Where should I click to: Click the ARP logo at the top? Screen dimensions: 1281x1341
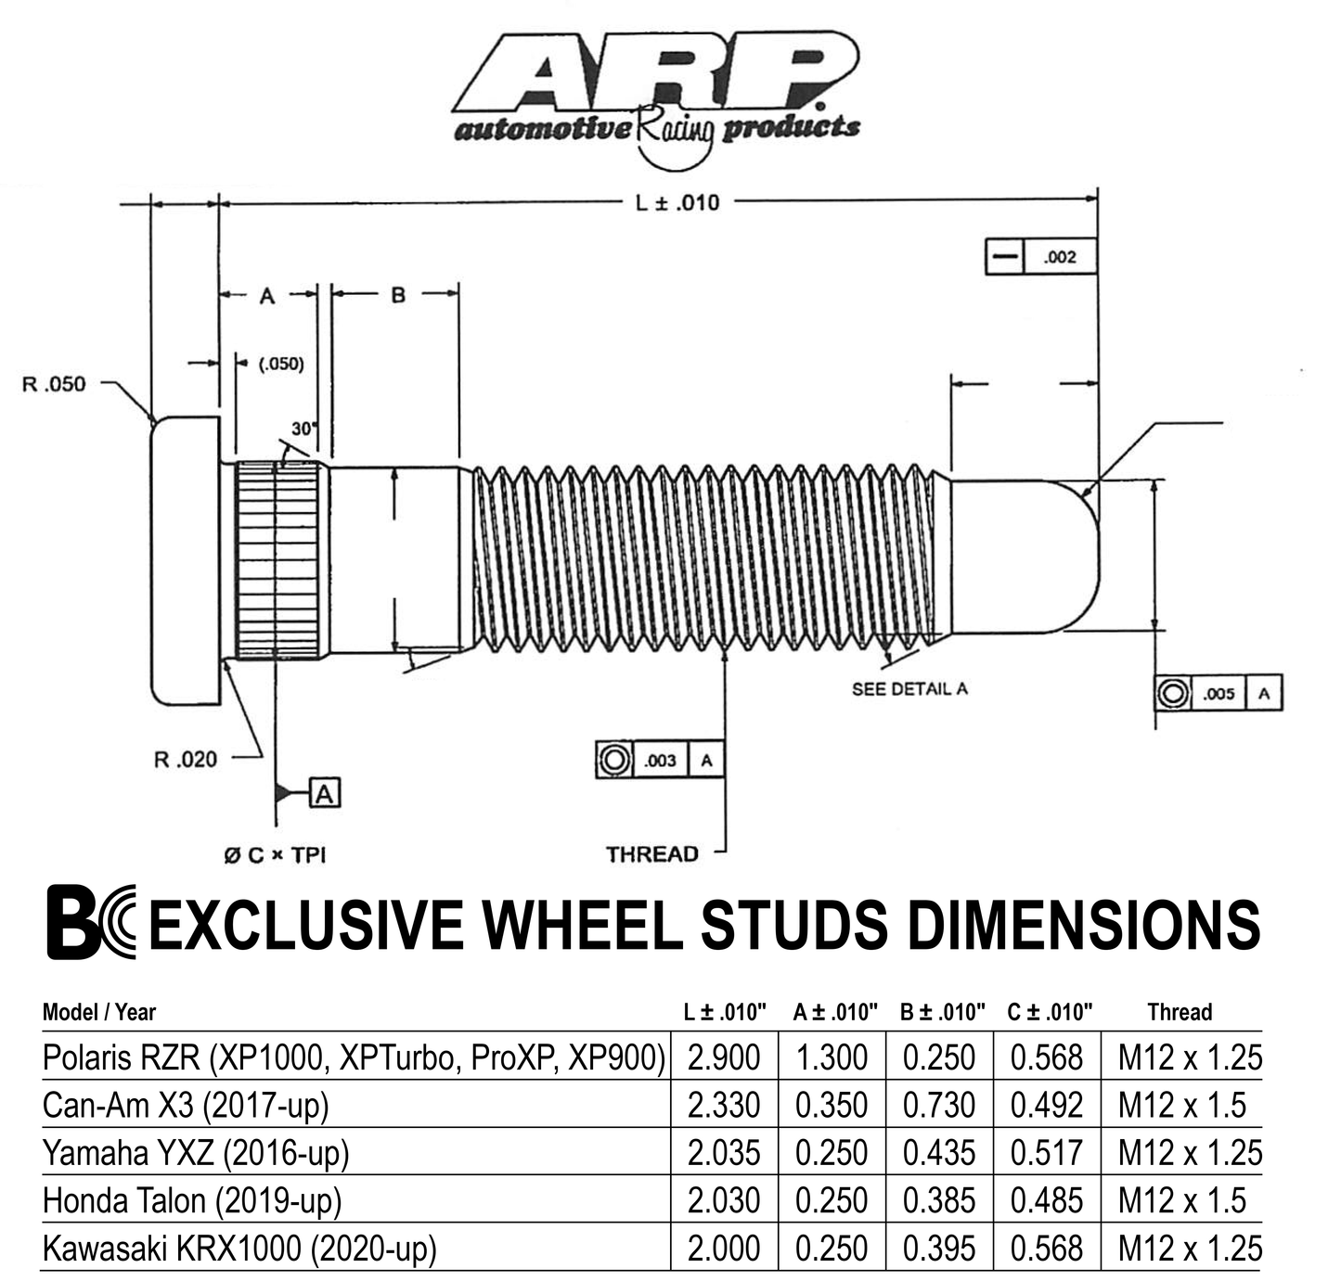[x=655, y=88]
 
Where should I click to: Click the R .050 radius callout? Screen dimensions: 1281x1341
[x=53, y=384]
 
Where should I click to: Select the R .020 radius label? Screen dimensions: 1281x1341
[x=185, y=760]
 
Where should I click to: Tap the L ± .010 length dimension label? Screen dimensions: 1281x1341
[x=677, y=202]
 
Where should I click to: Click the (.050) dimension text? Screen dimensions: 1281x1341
[x=280, y=364]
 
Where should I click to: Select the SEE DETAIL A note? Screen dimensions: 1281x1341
[x=909, y=688]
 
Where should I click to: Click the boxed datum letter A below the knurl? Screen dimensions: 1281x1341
[x=324, y=794]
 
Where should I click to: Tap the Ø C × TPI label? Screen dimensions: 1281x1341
[x=275, y=854]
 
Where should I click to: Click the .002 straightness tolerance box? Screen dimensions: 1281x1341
[x=1059, y=257]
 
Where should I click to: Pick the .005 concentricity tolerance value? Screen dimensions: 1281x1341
[x=1219, y=694]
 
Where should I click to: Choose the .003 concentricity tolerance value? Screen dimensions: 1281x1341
[x=660, y=761]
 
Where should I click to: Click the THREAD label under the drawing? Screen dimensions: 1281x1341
[x=651, y=854]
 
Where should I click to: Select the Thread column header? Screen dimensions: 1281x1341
[x=1180, y=1012]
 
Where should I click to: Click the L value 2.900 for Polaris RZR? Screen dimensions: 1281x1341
[x=724, y=1057]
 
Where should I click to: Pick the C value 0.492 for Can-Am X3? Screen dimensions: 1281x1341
[x=1046, y=1106]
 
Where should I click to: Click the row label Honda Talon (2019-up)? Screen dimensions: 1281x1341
[x=192, y=1200]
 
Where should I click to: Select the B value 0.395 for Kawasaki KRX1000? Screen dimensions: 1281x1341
[x=938, y=1249]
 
